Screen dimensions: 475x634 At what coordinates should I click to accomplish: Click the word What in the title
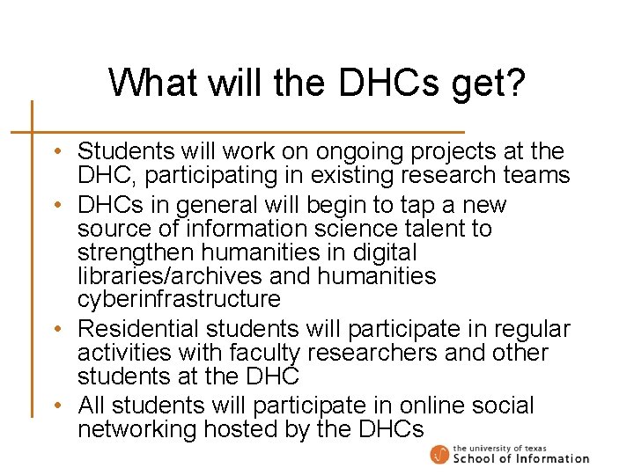pos(152,83)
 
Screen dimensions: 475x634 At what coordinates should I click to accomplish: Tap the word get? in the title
pos(481,84)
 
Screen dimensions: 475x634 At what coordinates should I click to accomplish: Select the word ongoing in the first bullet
pos(333,153)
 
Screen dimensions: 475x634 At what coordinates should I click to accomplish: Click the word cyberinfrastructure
pos(179,300)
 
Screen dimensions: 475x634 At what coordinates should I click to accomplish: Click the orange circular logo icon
pos(439,455)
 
